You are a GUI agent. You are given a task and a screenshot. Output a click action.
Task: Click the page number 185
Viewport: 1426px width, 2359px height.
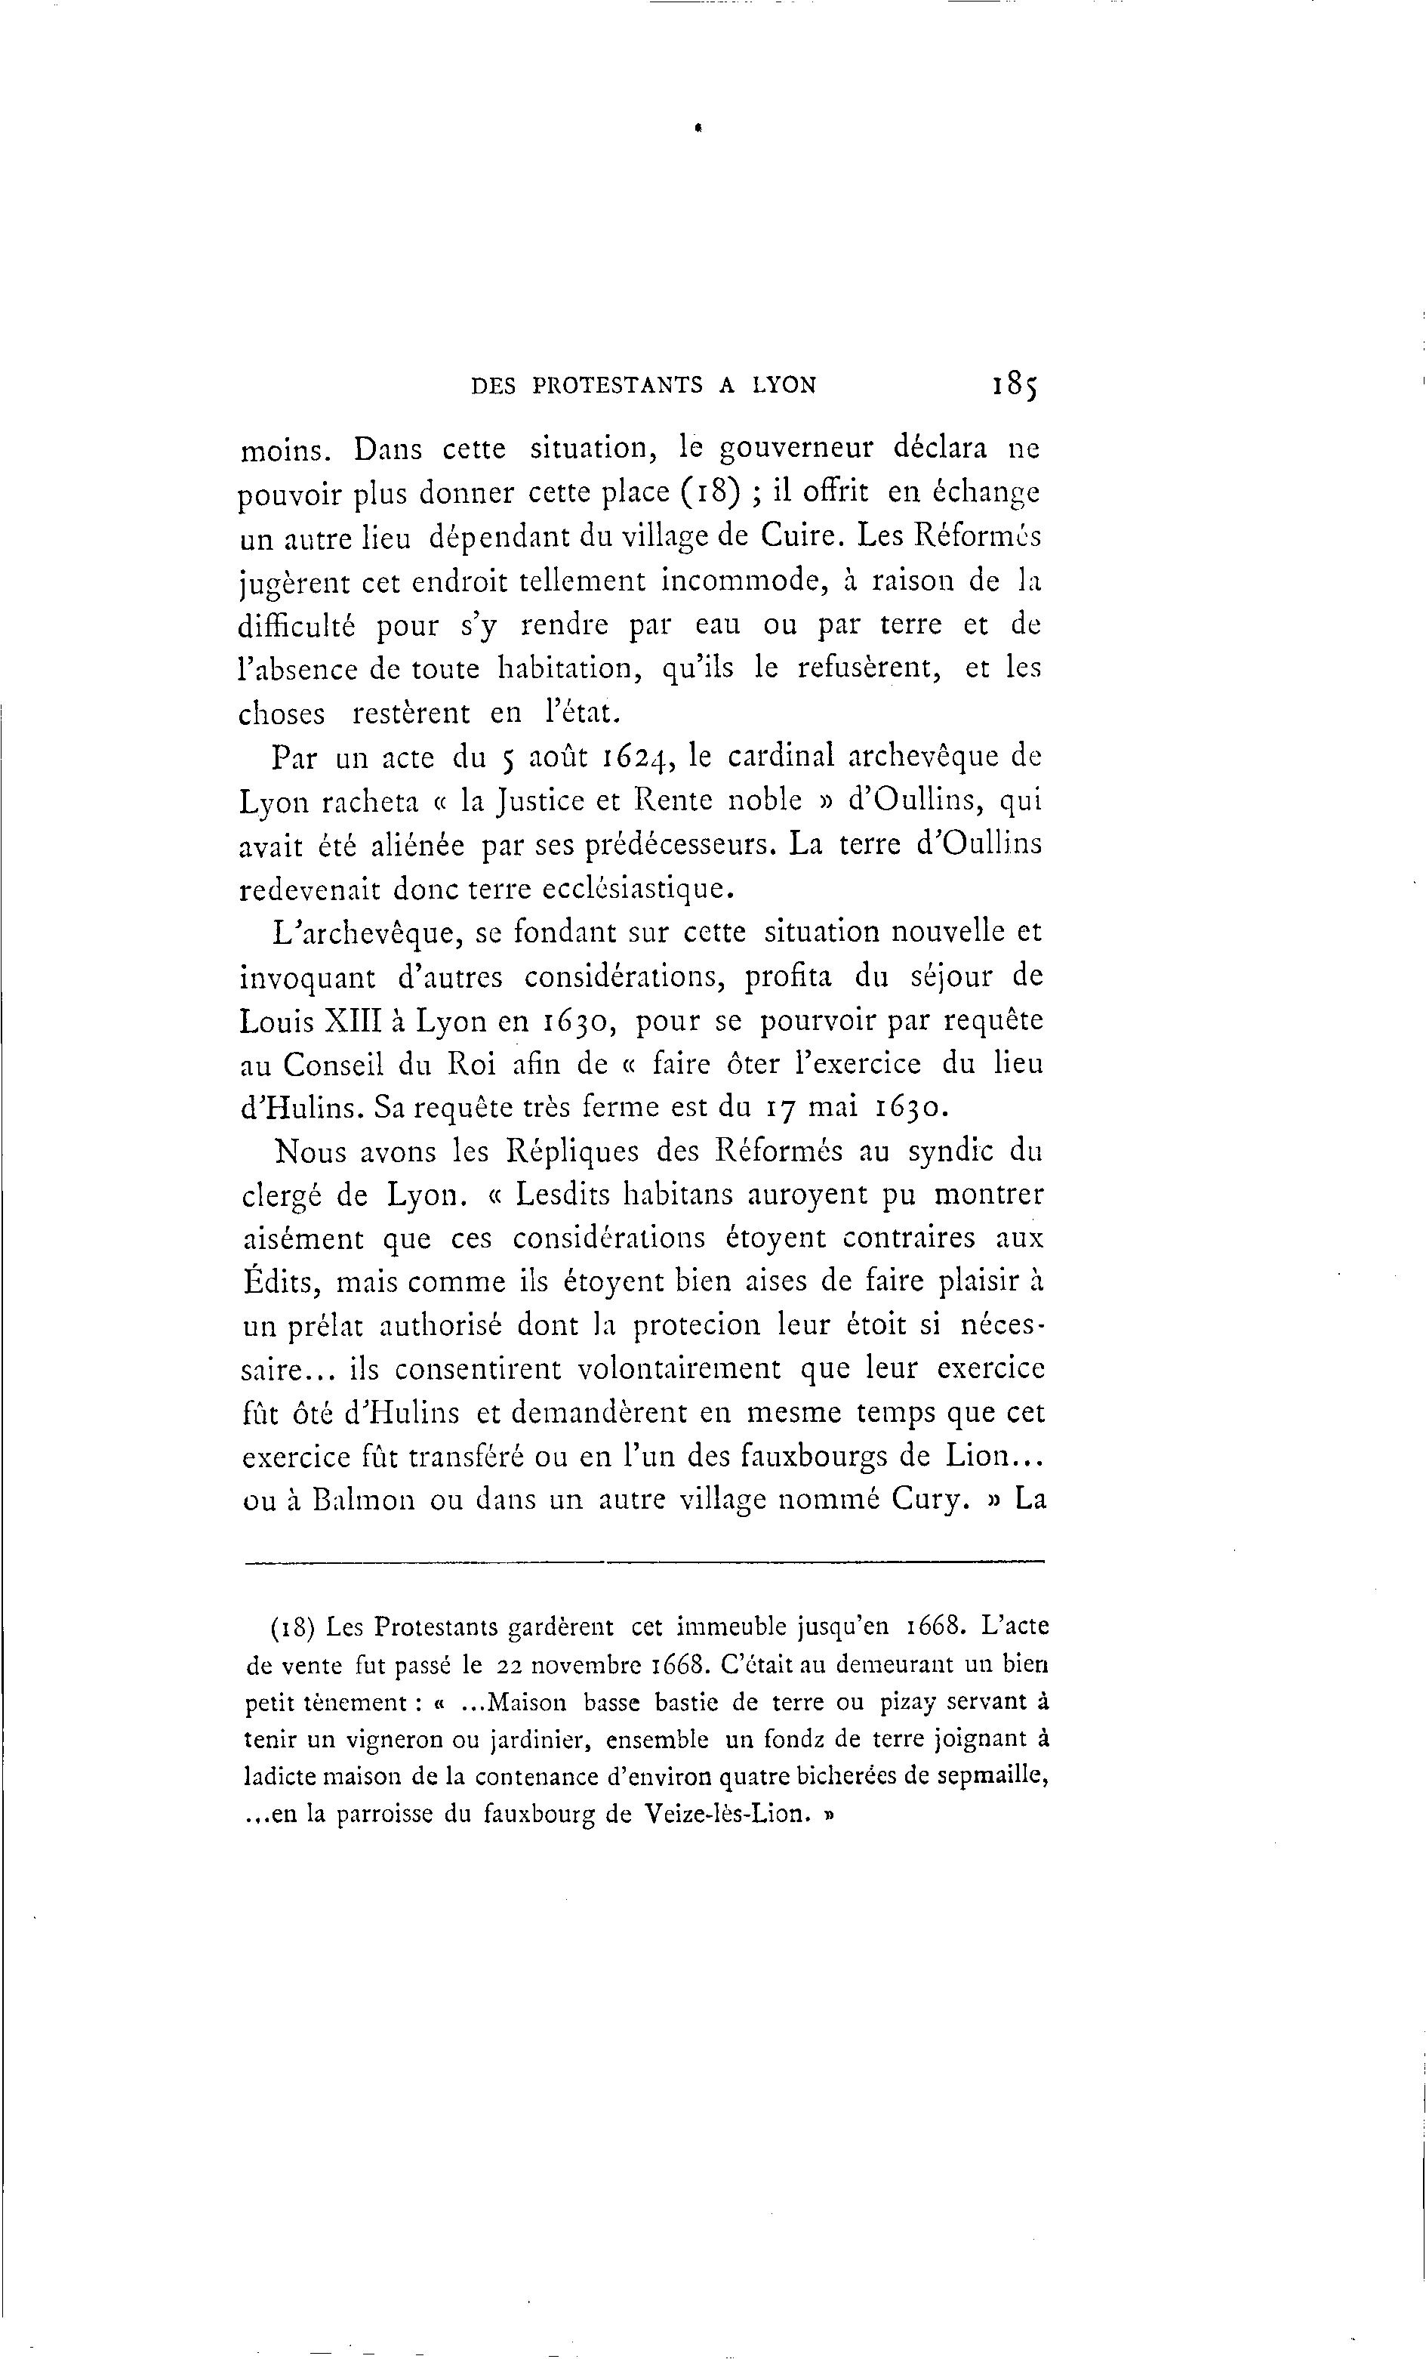(x=1015, y=385)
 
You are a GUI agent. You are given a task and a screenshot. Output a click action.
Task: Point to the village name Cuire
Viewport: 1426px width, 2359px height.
(x=800, y=536)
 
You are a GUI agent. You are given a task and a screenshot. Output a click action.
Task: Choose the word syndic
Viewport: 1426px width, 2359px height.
(x=950, y=1151)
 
